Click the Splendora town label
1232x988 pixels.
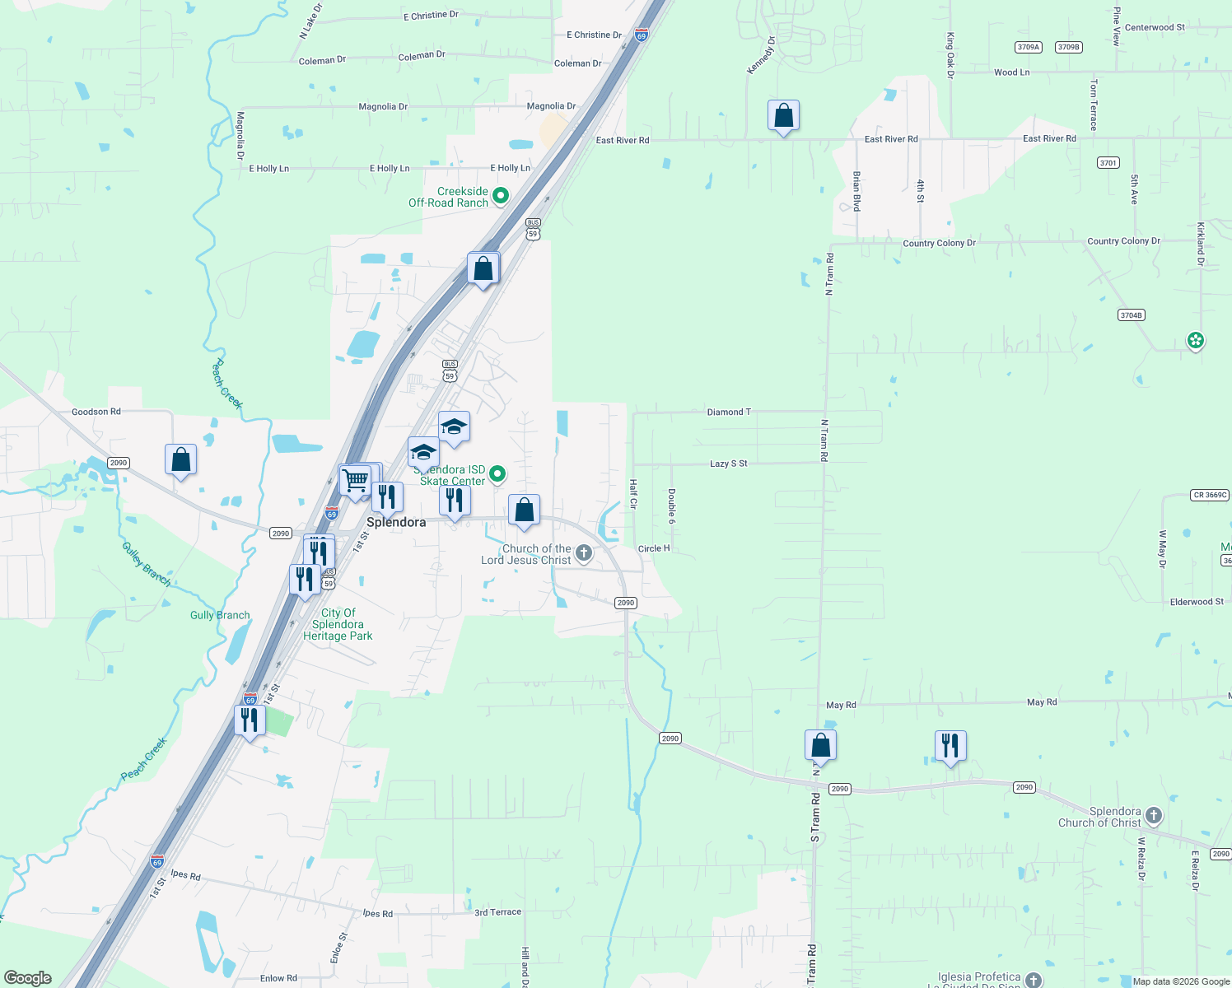(x=396, y=522)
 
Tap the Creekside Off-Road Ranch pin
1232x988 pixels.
(x=500, y=196)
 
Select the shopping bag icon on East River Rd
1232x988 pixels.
(x=783, y=116)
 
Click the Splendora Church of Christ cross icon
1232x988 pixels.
(x=1153, y=816)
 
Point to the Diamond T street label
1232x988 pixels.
(x=729, y=412)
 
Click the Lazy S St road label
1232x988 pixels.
(x=728, y=464)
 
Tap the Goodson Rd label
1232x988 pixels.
(x=96, y=412)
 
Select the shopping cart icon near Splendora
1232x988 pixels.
(x=355, y=479)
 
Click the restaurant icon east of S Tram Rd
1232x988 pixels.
(x=950, y=746)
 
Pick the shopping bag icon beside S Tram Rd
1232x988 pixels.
(x=820, y=745)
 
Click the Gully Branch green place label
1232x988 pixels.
(x=220, y=615)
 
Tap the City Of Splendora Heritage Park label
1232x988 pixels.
(x=338, y=624)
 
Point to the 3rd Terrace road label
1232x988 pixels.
(x=497, y=912)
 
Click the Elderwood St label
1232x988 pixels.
(x=1197, y=602)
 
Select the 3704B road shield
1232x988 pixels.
(x=1131, y=315)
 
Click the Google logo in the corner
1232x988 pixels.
(x=28, y=978)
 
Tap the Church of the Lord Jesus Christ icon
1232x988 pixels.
(x=584, y=553)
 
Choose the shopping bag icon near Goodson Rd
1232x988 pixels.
(x=180, y=459)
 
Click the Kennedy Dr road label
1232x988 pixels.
(x=761, y=55)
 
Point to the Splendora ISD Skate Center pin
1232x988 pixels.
(x=497, y=473)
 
